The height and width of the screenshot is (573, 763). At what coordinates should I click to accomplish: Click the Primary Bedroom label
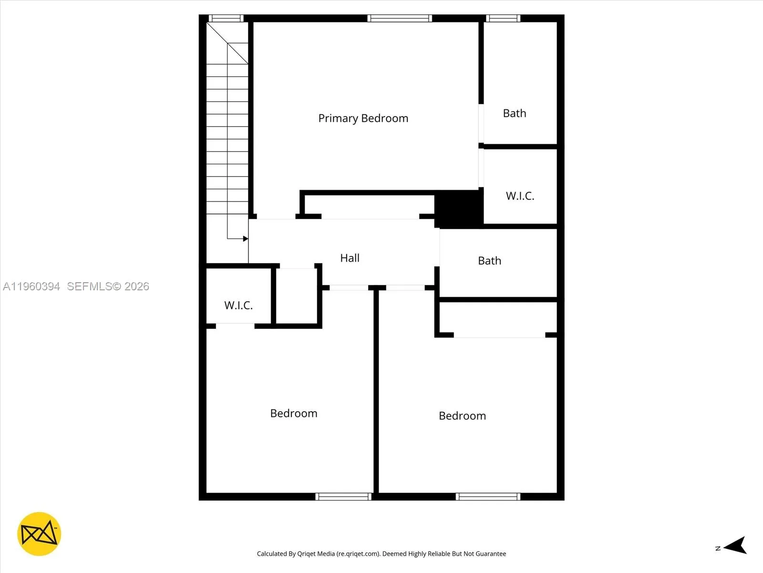click(x=363, y=118)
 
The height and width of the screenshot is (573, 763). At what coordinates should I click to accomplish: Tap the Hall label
click(x=350, y=258)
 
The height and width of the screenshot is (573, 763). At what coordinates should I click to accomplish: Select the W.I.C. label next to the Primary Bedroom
click(x=520, y=196)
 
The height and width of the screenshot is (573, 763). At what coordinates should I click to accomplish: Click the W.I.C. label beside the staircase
click(x=238, y=306)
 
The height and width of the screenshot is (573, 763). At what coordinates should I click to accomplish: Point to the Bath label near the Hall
click(x=489, y=261)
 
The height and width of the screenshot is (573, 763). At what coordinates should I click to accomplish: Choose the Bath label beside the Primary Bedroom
click(x=515, y=114)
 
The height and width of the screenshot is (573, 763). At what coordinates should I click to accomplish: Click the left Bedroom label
click(x=294, y=414)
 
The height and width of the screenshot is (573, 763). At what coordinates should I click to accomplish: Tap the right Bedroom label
click(x=462, y=416)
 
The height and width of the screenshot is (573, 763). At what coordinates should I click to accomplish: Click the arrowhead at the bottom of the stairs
click(x=245, y=239)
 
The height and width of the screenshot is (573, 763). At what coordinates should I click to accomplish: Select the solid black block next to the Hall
click(x=458, y=208)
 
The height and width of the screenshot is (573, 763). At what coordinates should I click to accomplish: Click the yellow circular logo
click(x=39, y=534)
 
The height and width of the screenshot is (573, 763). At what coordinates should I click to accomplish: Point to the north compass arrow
click(x=735, y=546)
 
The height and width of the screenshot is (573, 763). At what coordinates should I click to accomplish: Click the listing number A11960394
click(x=31, y=286)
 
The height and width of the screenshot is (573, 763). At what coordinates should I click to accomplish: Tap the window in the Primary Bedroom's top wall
click(x=400, y=19)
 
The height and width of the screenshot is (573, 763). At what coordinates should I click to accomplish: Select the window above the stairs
click(x=226, y=19)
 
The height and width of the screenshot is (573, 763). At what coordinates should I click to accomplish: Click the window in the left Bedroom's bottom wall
click(x=343, y=497)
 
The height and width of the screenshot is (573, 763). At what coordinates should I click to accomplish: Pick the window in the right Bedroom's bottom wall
click(x=488, y=497)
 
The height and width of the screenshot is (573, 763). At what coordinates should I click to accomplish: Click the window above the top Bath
click(x=503, y=19)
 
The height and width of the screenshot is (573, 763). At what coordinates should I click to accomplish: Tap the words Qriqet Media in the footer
click(x=316, y=554)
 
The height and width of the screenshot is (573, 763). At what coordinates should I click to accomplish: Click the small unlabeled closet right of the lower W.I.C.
click(x=296, y=296)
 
